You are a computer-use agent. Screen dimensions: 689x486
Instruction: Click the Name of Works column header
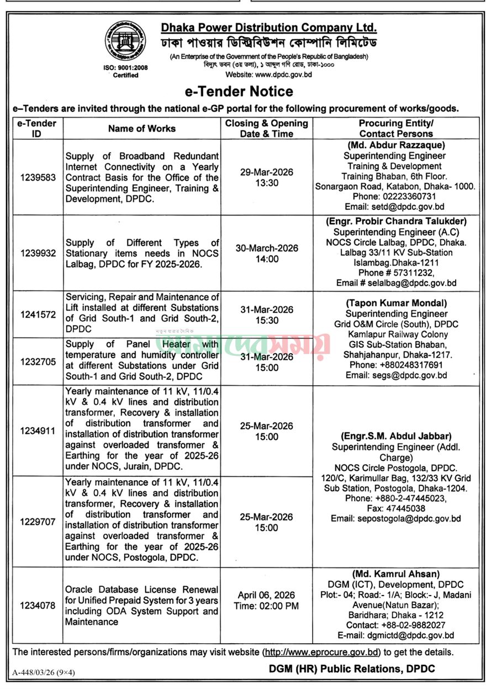click(x=142, y=128)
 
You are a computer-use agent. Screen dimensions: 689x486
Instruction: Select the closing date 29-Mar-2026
click(x=266, y=172)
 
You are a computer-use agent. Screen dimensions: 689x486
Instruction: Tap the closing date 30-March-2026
click(x=266, y=248)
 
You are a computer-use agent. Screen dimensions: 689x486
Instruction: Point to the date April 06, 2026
click(x=266, y=595)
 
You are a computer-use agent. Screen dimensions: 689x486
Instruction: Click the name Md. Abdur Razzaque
click(x=396, y=145)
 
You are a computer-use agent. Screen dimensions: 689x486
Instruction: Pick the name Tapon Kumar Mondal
click(x=396, y=303)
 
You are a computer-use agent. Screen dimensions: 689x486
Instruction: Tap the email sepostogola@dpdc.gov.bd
click(x=395, y=518)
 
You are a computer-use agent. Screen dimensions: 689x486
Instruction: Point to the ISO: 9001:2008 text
click(x=125, y=68)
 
